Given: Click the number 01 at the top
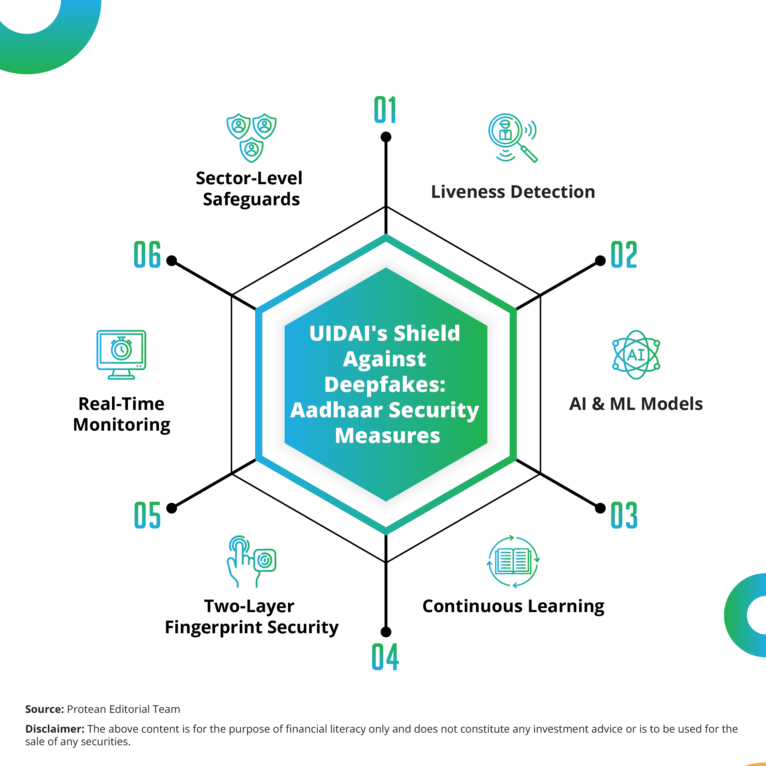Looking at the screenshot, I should coord(385,110).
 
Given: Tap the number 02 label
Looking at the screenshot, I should coord(624,255).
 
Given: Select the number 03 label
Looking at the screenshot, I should coord(624,515).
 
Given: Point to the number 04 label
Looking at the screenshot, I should coord(385,657).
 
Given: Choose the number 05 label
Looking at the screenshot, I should coord(147,515).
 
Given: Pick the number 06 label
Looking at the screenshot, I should coord(147,255).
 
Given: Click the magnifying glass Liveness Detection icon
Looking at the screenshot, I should coord(513,138).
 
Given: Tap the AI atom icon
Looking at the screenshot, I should coord(636,355).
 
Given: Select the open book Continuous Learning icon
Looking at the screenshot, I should coord(513,561).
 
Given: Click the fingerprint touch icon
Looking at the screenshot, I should coord(251,561).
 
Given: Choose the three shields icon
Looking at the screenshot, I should coord(251,138).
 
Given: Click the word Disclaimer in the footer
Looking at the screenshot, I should coord(55,729).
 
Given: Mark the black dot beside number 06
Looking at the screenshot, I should coord(172,260).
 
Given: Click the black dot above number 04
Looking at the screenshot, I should coord(386,632).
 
